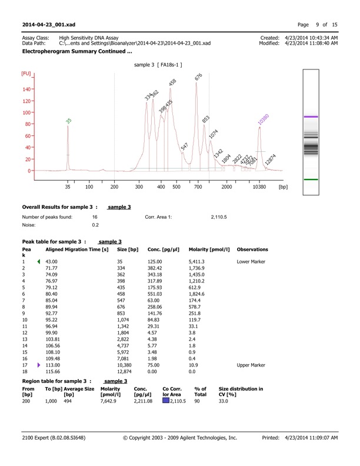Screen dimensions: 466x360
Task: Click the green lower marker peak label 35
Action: pos(69,121)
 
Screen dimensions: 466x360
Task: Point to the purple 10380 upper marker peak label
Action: pos(263,118)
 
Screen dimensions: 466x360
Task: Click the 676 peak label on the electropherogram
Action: pos(199,78)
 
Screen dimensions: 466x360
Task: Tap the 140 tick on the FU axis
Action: pos(26,89)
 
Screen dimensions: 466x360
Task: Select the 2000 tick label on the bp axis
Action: pos(226,187)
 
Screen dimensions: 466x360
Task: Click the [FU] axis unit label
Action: pos(26,74)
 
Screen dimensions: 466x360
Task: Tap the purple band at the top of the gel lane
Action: pos(319,117)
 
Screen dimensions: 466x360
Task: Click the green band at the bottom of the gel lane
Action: pos(319,179)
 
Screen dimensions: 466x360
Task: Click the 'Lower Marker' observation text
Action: pos(251,261)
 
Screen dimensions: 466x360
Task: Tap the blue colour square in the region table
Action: pos(166,401)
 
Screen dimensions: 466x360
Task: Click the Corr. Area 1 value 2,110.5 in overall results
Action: pos(218,217)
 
